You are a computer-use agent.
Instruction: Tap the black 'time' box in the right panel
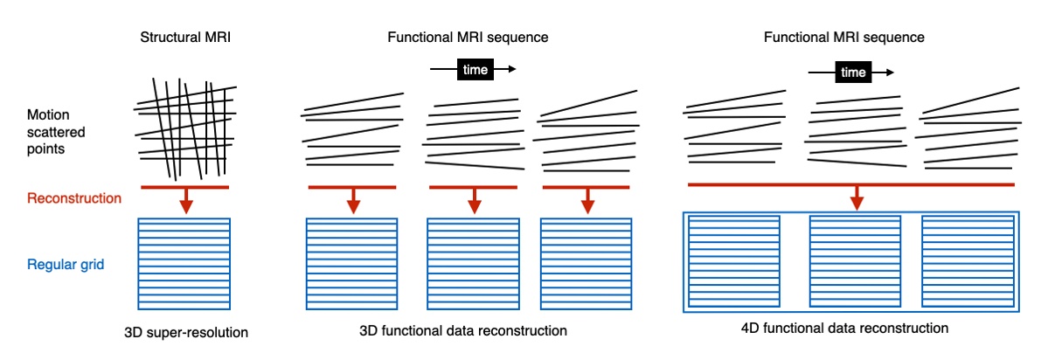pos(852,73)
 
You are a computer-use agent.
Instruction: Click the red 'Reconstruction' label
pos(74,198)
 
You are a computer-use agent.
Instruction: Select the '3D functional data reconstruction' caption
pos(463,332)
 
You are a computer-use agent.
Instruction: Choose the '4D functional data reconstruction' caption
pos(843,329)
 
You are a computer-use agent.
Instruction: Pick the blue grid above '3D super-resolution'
pos(184,262)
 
